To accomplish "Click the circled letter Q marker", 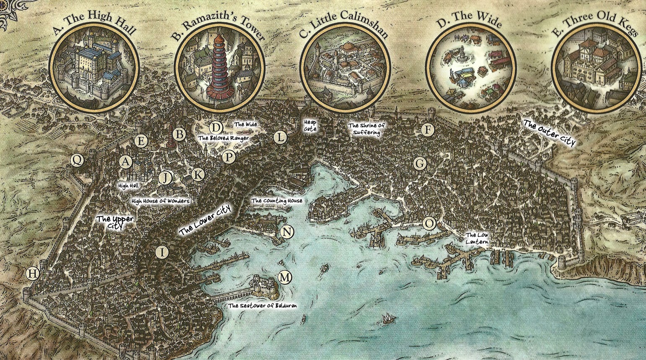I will (77, 160).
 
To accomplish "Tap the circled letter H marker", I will (32, 274).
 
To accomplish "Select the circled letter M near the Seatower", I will (285, 277).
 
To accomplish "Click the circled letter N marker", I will (287, 232).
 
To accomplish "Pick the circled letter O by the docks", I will (429, 223).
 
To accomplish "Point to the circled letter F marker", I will (427, 130).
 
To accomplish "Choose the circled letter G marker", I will (419, 163).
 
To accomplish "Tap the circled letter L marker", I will (280, 137).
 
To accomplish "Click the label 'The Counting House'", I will (276, 201).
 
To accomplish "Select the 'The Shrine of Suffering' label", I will (366, 129).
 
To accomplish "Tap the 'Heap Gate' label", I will (310, 126).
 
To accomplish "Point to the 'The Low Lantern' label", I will (477, 238).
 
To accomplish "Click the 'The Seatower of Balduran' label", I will (262, 306).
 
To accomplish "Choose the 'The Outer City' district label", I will (549, 133).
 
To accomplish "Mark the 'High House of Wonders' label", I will (160, 201).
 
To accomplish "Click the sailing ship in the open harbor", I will (388, 319).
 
